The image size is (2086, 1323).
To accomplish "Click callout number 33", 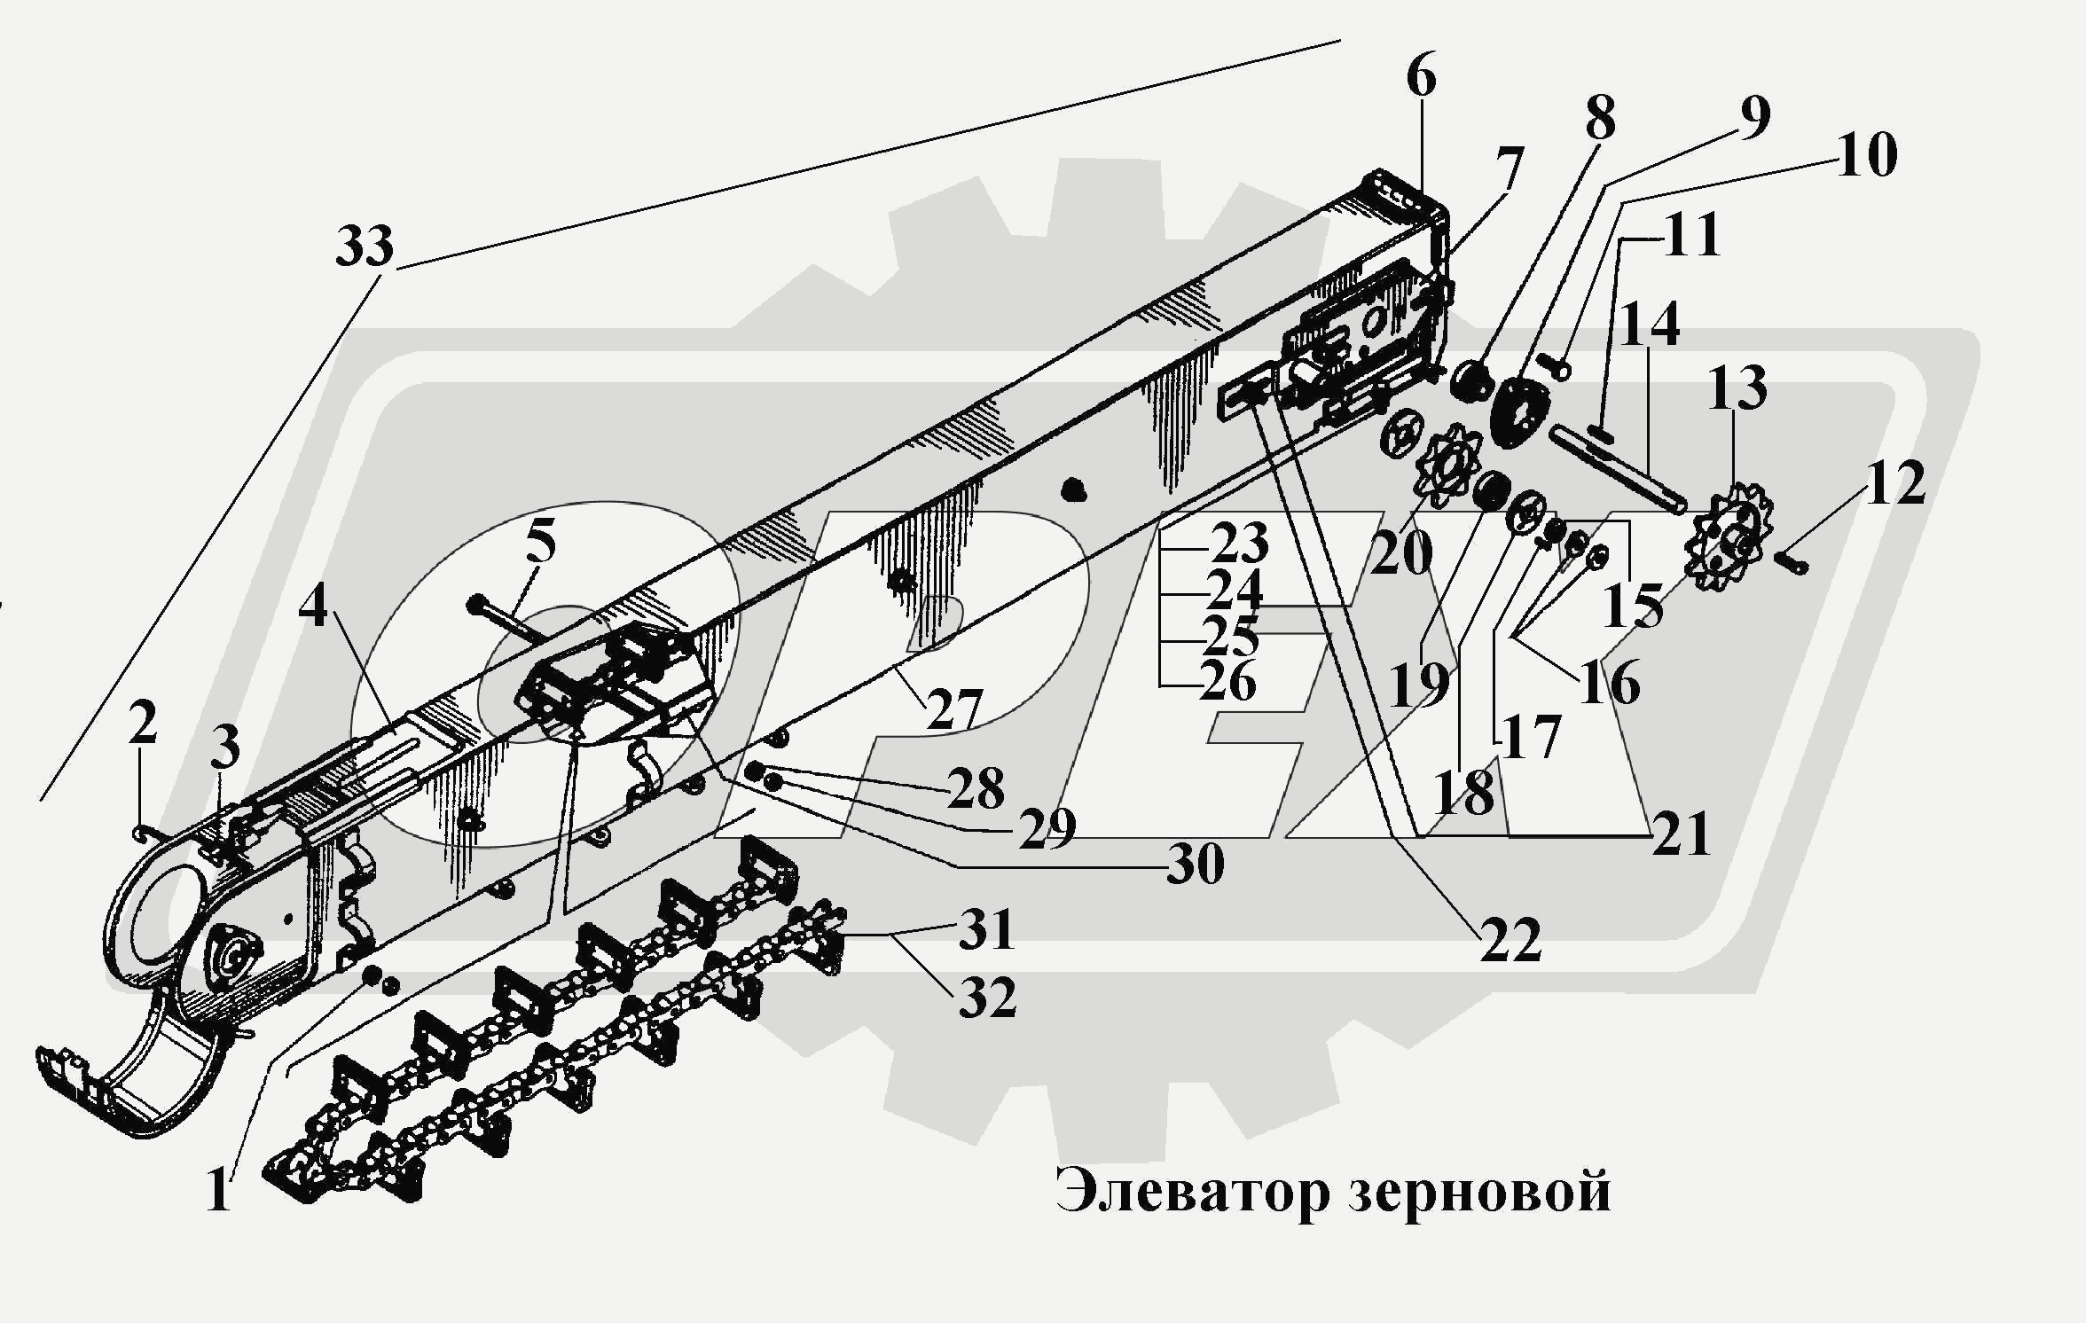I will tap(365, 246).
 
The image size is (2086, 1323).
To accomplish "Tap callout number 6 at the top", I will tap(1420, 78).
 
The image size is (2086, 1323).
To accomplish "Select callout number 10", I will tap(1866, 155).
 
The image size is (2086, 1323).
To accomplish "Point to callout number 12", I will tap(1894, 484).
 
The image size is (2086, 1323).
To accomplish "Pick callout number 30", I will tap(1195, 863).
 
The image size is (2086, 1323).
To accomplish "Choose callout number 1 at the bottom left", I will tap(218, 1191).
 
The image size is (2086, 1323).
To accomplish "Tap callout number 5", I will tap(540, 541).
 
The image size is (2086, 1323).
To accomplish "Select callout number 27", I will tap(954, 708).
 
